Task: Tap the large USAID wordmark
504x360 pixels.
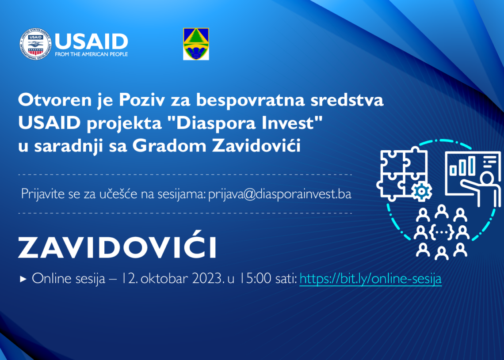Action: [x=91, y=42]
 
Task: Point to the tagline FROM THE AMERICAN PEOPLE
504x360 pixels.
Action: [x=91, y=54]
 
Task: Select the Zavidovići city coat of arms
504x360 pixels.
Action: [x=196, y=44]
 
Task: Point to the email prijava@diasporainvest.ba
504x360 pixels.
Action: [x=279, y=194]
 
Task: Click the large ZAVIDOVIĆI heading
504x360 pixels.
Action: [x=117, y=247]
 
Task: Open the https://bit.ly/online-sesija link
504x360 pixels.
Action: [x=370, y=279]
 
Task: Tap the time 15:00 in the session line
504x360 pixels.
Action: [x=254, y=279]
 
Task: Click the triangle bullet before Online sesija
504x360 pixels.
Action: [x=23, y=279]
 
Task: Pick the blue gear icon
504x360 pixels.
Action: [x=421, y=191]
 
